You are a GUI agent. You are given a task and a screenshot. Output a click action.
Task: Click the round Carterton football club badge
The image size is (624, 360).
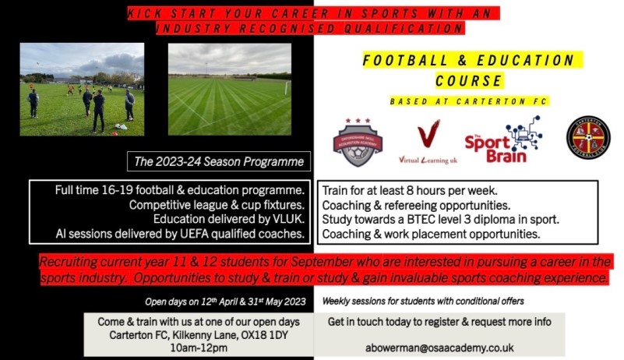pyautogui.click(x=587, y=138)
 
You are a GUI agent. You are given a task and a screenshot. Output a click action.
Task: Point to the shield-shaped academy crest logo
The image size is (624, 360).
pyautogui.click(x=358, y=141)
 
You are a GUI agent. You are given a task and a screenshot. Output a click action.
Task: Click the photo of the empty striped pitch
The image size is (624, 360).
pyautogui.click(x=230, y=90)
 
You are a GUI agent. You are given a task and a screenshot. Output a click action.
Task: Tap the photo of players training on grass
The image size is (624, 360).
pyautogui.click(x=82, y=90)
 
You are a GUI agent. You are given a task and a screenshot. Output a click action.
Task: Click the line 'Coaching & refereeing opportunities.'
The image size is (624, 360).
pyautogui.click(x=415, y=205)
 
